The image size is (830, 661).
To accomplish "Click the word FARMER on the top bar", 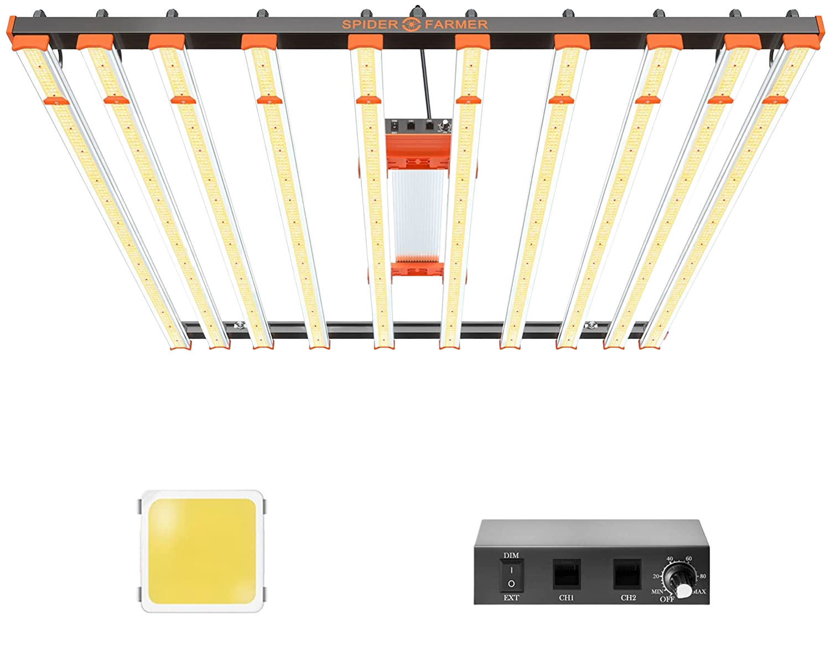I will [456, 24].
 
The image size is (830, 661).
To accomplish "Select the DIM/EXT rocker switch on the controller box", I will [511, 576].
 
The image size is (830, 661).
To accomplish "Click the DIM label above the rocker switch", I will [511, 555].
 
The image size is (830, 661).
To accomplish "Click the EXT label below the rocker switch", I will [511, 598].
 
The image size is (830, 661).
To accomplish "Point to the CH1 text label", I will [566, 598].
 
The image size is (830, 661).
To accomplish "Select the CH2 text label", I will [628, 598].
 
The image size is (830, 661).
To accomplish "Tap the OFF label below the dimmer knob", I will [667, 599].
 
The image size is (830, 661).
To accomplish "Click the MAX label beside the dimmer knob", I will [698, 592].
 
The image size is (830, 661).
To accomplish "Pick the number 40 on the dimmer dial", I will [670, 559].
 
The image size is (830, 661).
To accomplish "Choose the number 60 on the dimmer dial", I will [689, 559].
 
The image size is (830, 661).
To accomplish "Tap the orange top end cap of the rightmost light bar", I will [800, 42].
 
